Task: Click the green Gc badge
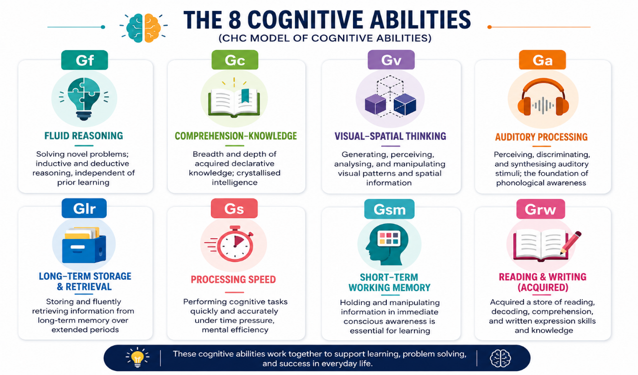point(235,60)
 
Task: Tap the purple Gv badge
point(391,60)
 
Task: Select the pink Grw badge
point(540,209)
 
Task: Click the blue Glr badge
point(84,208)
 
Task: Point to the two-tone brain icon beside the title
point(143,28)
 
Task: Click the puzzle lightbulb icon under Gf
point(84,99)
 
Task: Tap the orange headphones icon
point(543,97)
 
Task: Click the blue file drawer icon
point(84,245)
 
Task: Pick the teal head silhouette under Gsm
point(387,244)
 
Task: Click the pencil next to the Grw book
point(570,243)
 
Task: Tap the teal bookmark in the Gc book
point(245,96)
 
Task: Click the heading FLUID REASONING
point(83,136)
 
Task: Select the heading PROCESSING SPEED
point(233,280)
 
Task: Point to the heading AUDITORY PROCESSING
point(541,137)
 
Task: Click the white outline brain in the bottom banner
point(500,358)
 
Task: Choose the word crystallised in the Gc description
point(258,173)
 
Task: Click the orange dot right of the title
point(490,27)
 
